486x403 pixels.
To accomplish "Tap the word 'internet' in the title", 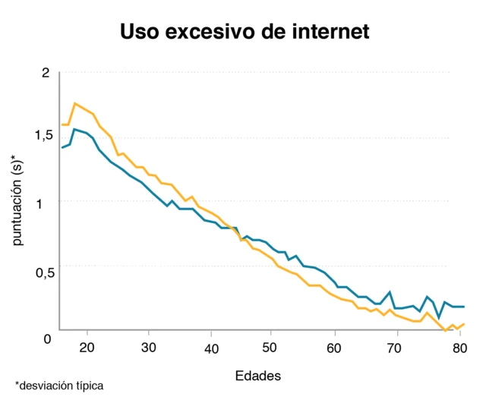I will tap(329, 32).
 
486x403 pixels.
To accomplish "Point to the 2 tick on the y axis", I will tap(45, 73).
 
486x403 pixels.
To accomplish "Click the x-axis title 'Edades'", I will tap(258, 376).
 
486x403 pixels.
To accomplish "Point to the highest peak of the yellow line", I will tap(74, 103).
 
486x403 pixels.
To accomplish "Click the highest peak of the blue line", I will tap(74, 130).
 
